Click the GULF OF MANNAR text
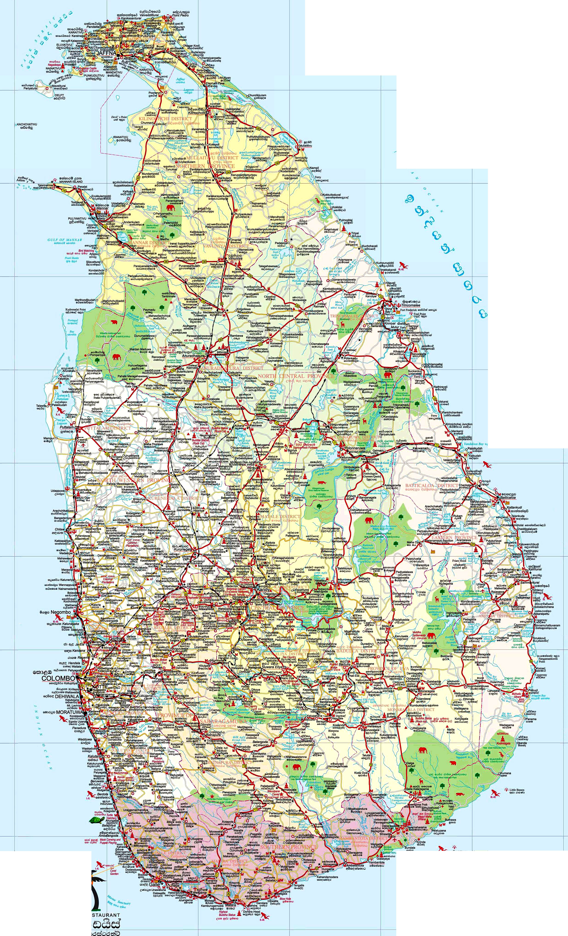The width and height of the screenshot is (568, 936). (x=60, y=240)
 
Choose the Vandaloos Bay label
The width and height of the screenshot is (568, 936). (x=476, y=444)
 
